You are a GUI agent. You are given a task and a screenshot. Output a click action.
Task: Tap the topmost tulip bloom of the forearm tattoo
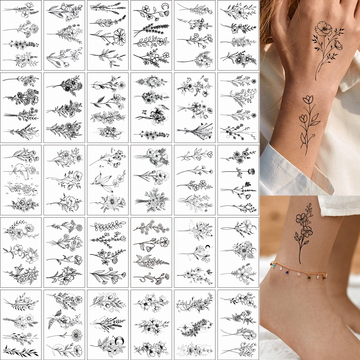click(x=309, y=99)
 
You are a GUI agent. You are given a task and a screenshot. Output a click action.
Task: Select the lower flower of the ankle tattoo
click(x=307, y=231)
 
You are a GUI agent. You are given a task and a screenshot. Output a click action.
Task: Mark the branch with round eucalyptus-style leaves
click(x=108, y=226)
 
